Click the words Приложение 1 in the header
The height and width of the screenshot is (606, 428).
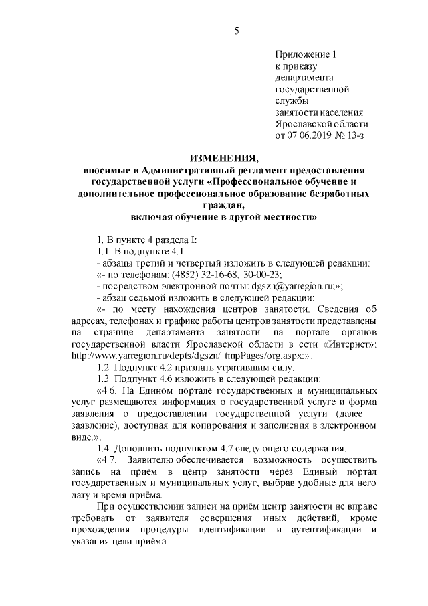coord(308,54)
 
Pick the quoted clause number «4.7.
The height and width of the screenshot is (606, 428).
coord(107,459)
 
